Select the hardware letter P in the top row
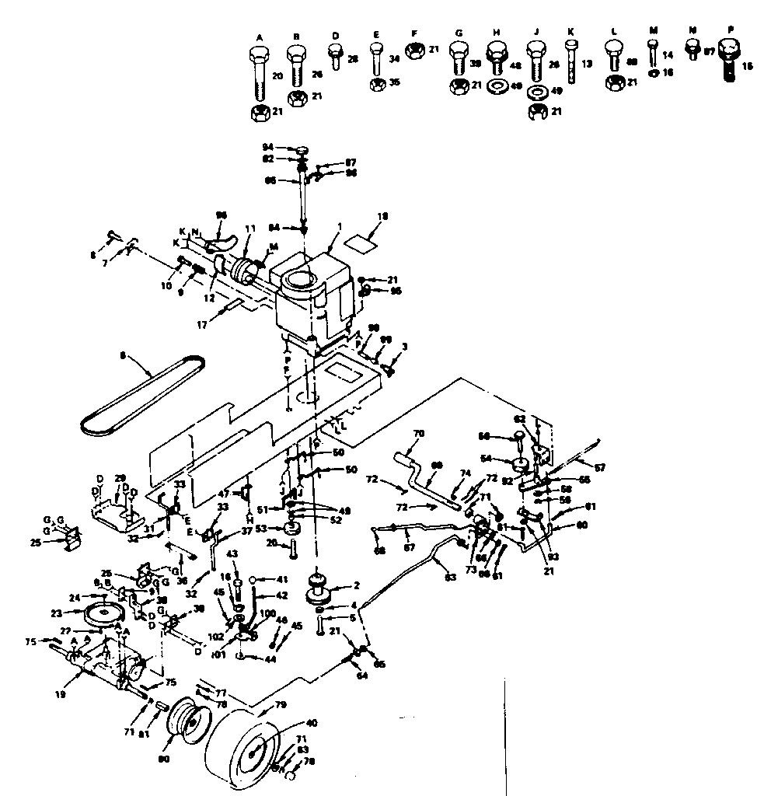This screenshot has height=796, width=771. tap(729, 29)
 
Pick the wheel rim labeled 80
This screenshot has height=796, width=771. tap(187, 727)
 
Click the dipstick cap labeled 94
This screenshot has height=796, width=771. tap(304, 148)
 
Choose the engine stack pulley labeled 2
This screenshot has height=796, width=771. tap(318, 588)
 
